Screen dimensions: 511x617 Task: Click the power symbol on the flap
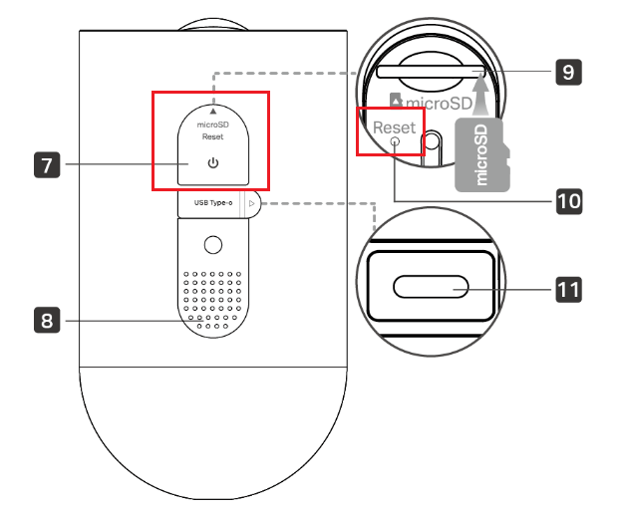(212, 163)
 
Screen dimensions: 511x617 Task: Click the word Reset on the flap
(212, 137)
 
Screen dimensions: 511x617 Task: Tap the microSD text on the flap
(212, 125)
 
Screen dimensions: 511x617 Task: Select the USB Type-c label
(208, 204)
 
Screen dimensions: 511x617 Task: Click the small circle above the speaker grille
(212, 244)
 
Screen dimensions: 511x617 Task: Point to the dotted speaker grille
(212, 298)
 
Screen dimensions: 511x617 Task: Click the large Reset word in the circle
(394, 128)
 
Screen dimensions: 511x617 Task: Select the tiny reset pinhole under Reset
(396, 141)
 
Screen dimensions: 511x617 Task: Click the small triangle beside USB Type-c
(252, 204)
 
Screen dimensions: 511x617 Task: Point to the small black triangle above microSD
(212, 109)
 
